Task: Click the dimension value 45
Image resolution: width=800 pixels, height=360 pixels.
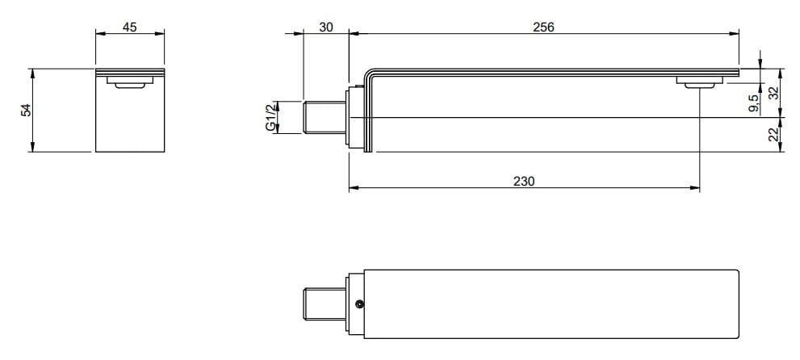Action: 130,27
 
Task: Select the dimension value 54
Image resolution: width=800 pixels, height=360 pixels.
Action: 26,110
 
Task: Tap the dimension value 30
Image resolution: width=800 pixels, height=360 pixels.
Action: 326,27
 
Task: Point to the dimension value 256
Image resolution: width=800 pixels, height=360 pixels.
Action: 544,27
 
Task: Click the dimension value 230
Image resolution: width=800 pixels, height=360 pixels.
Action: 524,182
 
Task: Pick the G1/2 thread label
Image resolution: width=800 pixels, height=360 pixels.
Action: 271,118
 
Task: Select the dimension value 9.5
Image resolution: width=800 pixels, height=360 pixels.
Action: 753,103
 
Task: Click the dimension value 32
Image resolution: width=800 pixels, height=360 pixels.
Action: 773,94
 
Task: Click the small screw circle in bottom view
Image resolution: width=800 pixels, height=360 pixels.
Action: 359,304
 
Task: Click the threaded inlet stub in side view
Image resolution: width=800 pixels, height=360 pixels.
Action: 325,119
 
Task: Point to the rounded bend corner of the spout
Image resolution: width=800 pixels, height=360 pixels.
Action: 372,72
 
